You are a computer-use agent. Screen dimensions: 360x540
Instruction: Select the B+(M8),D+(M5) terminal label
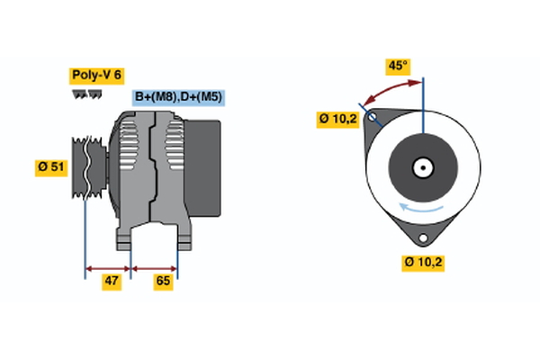[178, 97]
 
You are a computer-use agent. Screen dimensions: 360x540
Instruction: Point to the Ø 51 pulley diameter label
[52, 166]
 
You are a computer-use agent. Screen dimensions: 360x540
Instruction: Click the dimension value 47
[111, 281]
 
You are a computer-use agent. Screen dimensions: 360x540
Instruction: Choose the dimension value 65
[163, 281]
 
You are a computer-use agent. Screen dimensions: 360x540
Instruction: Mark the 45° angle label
[398, 66]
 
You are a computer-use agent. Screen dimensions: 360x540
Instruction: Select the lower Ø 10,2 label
[424, 263]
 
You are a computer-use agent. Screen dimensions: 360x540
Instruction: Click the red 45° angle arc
[390, 90]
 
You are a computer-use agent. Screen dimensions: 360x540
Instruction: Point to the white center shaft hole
[421, 167]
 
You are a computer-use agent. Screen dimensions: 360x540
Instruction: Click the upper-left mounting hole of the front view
[372, 116]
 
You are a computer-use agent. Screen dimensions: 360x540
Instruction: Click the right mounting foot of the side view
[183, 238]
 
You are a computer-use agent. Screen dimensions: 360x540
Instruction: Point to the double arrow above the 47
[108, 267]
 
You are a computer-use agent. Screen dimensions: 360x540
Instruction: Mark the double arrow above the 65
[155, 267]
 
